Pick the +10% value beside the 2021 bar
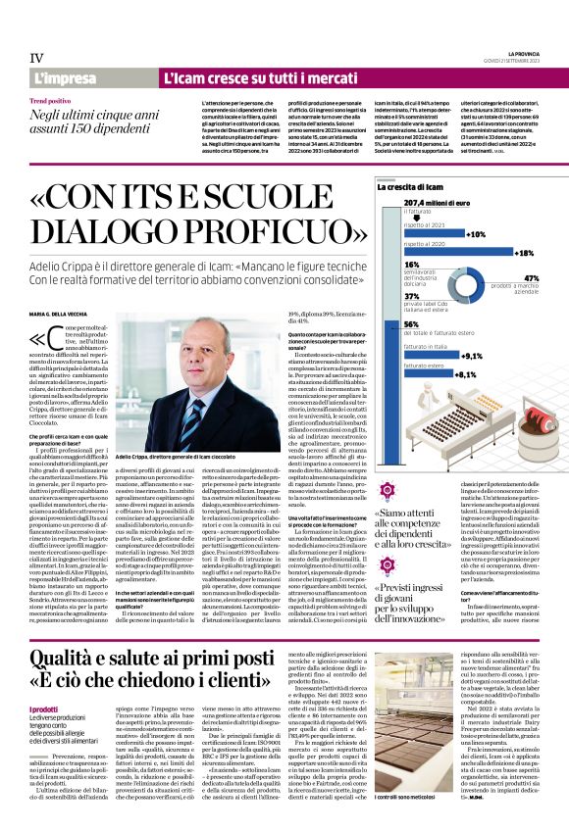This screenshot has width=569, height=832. [x=475, y=235]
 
